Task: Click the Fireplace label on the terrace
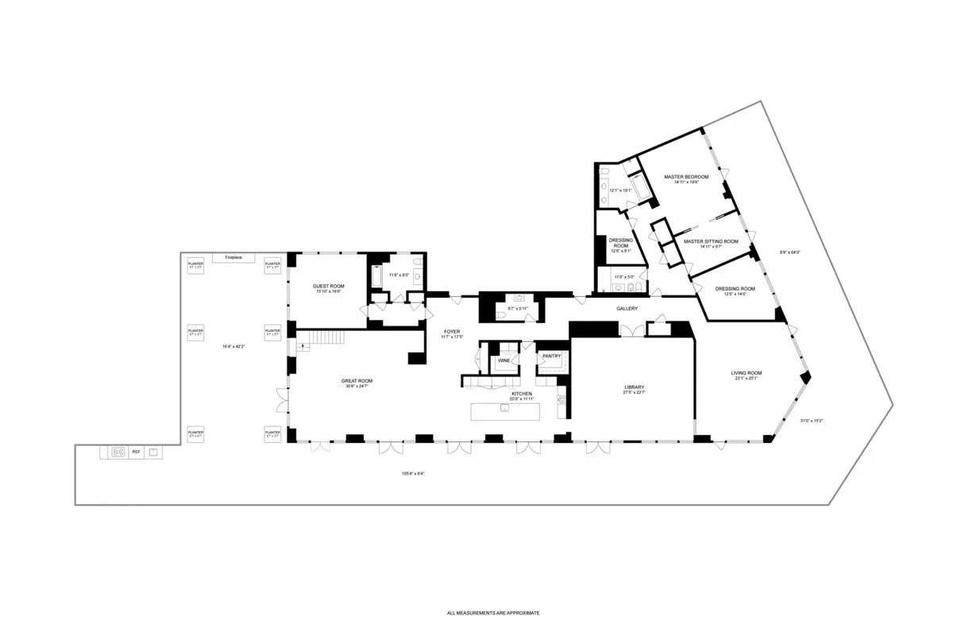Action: (233, 258)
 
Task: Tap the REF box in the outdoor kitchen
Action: (136, 452)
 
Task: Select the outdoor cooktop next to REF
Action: (118, 452)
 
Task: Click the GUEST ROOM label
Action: (328, 286)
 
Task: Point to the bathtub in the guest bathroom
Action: (378, 278)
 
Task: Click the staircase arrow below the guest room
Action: (303, 346)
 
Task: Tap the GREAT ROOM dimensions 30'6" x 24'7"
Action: (357, 387)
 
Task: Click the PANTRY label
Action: (551, 356)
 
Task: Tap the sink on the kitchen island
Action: (504, 408)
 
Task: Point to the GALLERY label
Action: (627, 308)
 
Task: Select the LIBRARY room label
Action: (633, 387)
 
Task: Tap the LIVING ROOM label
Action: (747, 373)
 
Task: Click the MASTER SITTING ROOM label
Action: (710, 241)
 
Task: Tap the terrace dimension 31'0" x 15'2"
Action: (811, 421)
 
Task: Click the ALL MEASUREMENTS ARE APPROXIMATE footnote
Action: (493, 613)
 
